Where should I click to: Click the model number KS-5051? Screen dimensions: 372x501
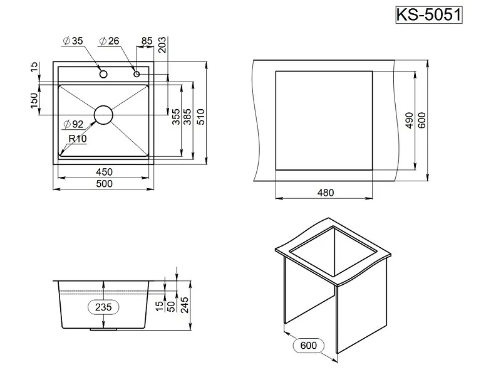(429, 14)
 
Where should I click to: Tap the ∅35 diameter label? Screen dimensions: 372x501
(73, 42)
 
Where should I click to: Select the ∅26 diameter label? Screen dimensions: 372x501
(110, 42)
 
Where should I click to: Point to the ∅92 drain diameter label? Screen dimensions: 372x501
(73, 124)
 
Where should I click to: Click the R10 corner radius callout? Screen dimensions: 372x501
(78, 139)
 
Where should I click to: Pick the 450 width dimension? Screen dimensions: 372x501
(104, 172)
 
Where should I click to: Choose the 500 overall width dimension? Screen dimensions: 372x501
(104, 184)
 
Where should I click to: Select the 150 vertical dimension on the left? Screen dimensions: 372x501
(35, 99)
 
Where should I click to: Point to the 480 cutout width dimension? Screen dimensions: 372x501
(324, 192)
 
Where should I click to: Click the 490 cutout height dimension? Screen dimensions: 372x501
(408, 120)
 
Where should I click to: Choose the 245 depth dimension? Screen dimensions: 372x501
(186, 306)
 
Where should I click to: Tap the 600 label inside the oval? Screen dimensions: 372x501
(312, 346)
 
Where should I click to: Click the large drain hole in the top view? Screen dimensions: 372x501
(104, 114)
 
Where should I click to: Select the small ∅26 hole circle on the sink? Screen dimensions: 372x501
(137, 74)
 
